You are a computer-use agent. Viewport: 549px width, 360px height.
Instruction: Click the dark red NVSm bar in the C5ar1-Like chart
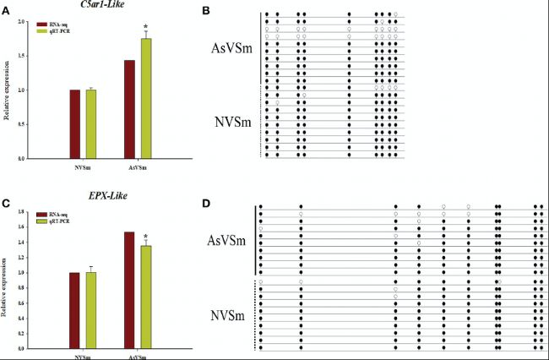tap(75, 124)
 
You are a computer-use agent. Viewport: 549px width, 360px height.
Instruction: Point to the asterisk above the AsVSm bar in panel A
tap(146, 28)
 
